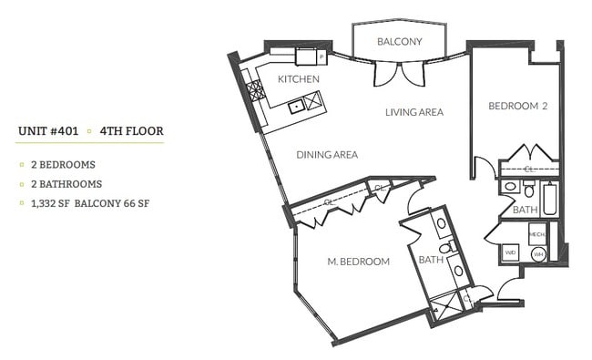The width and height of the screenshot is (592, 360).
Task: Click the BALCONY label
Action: pyautogui.click(x=399, y=42)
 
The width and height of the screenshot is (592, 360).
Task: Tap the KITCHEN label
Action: pyautogui.click(x=298, y=79)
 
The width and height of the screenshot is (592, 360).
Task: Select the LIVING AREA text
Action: pyautogui.click(x=413, y=113)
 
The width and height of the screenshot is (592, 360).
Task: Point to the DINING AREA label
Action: pyautogui.click(x=326, y=155)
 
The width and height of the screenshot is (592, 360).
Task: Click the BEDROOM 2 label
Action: pyautogui.click(x=517, y=106)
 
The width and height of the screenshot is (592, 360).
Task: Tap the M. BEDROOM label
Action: pyautogui.click(x=358, y=262)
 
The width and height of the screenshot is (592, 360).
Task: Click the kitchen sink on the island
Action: pyautogui.click(x=296, y=107)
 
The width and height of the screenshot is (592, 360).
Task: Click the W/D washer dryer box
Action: pyautogui.click(x=511, y=252)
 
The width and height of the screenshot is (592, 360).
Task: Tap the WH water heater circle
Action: pyautogui.click(x=538, y=253)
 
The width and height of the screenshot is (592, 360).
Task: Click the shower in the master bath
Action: pyautogui.click(x=448, y=306)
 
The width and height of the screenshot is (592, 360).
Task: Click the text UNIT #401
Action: pyautogui.click(x=47, y=131)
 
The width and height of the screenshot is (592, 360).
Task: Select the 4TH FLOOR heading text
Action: pyautogui.click(x=132, y=131)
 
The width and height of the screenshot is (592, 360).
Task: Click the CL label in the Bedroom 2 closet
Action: pyautogui.click(x=529, y=169)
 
